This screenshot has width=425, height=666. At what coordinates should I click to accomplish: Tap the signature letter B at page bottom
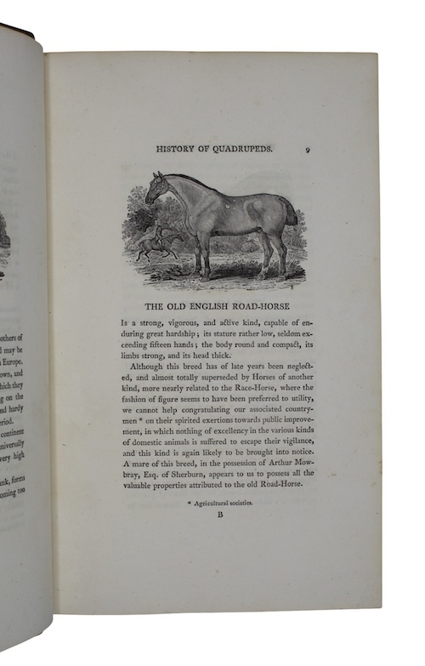[219, 515]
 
